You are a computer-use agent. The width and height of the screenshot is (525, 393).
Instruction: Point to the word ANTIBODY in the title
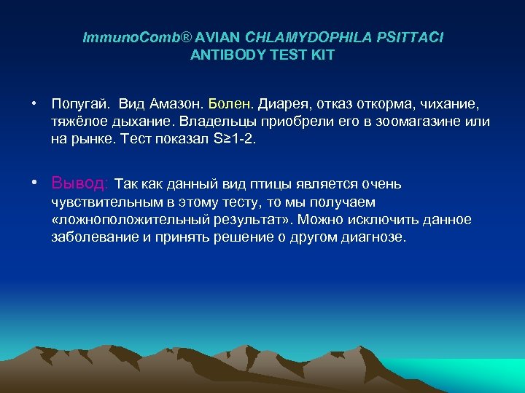click(x=223, y=55)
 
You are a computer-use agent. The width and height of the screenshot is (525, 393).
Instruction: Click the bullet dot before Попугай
click(x=34, y=105)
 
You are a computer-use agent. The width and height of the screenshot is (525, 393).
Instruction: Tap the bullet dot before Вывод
click(x=34, y=183)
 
